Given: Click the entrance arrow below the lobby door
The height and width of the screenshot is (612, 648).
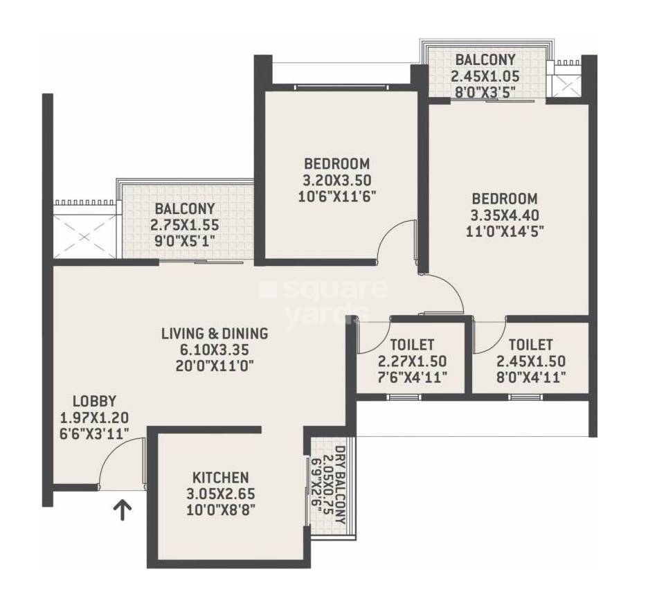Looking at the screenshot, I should click(123, 511).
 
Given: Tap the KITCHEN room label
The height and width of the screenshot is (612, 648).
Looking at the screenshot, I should click(220, 478).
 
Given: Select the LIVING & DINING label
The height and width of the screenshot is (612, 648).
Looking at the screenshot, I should click(214, 334).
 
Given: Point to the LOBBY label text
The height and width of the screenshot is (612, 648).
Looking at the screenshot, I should click(95, 401).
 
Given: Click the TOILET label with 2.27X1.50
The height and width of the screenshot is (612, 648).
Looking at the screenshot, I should click(412, 345).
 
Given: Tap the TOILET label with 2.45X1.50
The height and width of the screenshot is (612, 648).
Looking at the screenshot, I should click(530, 345).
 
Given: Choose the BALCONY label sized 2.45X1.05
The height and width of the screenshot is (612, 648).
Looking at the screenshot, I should click(485, 60).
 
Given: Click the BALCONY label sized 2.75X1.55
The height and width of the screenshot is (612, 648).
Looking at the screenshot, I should click(184, 208).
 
